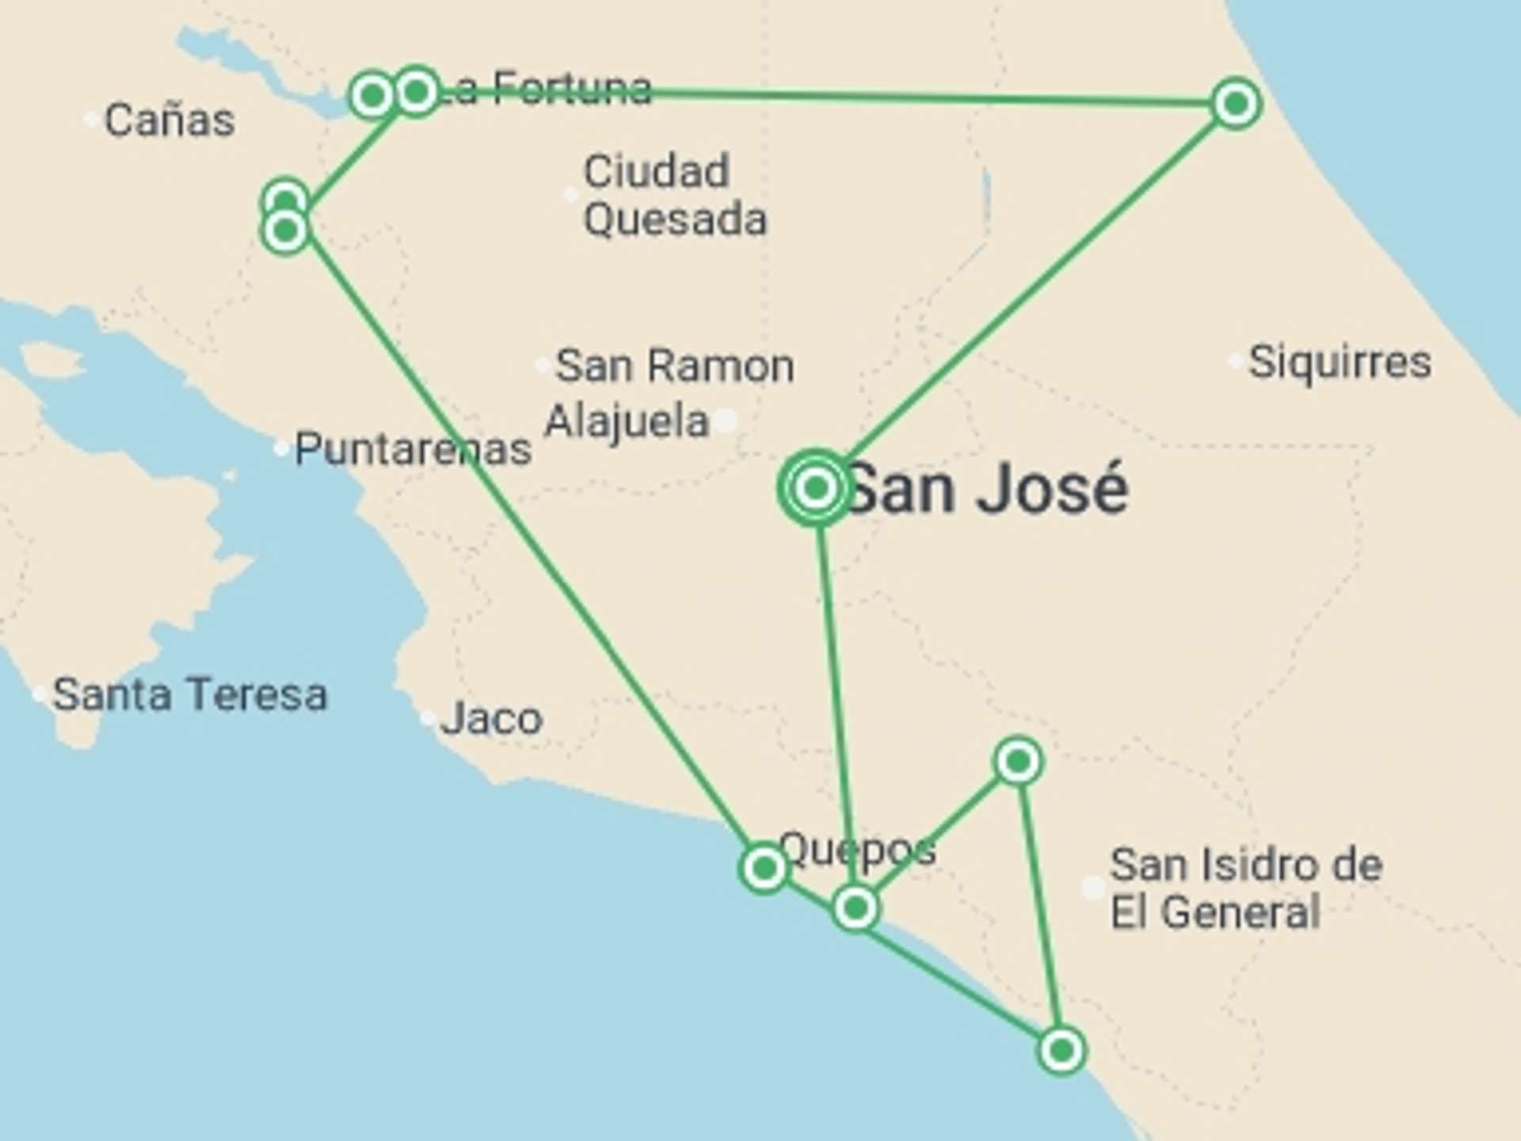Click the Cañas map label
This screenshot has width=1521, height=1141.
(169, 120)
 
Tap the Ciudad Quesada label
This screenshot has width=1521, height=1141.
(674, 195)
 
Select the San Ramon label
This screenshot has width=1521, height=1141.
(674, 366)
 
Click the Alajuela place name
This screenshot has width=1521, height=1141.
(626, 421)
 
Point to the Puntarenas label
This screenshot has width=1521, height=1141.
(412, 449)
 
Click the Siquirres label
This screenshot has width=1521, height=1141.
(1340, 362)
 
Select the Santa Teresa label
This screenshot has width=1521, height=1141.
(189, 695)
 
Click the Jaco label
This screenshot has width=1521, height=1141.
(491, 719)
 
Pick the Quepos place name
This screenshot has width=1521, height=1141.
(857, 849)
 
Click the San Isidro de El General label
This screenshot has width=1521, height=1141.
(1245, 888)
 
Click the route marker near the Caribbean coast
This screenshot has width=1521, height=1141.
(1236, 103)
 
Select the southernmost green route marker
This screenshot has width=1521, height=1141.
(1061, 1051)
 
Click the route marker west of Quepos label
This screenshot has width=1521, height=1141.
(764, 868)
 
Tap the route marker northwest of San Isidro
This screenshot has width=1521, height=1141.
(1018, 761)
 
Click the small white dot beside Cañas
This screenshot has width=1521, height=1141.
(91, 120)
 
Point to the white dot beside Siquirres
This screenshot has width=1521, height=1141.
(1234, 362)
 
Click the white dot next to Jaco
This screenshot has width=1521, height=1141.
(427, 719)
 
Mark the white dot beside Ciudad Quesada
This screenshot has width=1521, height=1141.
(570, 195)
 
